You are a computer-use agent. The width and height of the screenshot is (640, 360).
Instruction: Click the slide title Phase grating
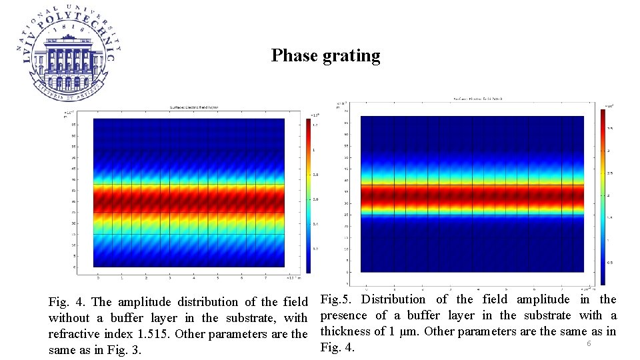point(325,56)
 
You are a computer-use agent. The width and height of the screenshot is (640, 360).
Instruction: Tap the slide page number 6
point(589,343)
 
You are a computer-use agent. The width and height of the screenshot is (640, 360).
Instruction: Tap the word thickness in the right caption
point(347,331)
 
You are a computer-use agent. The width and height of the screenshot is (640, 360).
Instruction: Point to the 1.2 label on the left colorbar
point(315,125)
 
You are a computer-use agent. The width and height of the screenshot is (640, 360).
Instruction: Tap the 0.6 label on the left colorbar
point(315,199)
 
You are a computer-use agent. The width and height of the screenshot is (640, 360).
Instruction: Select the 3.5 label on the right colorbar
point(609,127)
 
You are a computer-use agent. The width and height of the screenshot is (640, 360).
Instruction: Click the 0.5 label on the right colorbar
point(609,262)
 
